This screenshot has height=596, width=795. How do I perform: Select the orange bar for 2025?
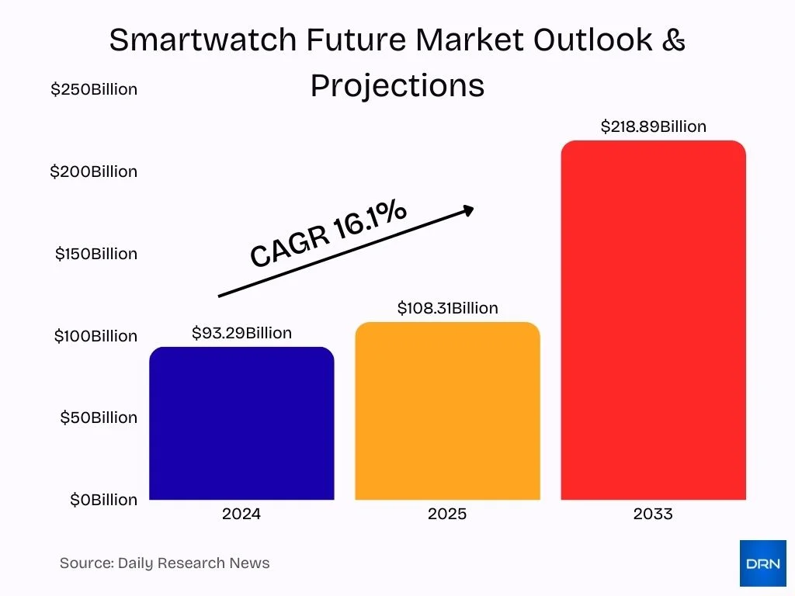click(x=447, y=411)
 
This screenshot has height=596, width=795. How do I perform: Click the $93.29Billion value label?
click(x=241, y=333)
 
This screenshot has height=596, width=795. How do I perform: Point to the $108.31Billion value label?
click(x=447, y=308)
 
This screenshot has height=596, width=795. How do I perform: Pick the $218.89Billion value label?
click(x=653, y=126)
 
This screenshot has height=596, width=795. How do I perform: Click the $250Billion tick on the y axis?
click(x=94, y=89)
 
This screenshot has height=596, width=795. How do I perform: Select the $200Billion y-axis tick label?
click(x=94, y=172)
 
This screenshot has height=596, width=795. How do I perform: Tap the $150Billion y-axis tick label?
click(x=95, y=254)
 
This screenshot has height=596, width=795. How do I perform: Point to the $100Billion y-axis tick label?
click(x=95, y=336)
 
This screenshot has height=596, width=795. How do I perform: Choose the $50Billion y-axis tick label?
click(x=98, y=418)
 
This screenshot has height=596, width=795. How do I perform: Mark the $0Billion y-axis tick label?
click(x=103, y=500)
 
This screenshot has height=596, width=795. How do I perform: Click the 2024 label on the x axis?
click(x=241, y=514)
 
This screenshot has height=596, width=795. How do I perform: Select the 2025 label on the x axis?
click(x=447, y=514)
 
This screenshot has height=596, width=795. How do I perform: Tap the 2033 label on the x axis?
click(x=653, y=514)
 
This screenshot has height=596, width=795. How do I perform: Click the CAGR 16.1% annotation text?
click(x=328, y=234)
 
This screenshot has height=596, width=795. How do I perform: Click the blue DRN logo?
click(x=762, y=563)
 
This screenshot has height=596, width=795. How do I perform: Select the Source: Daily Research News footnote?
click(x=165, y=563)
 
